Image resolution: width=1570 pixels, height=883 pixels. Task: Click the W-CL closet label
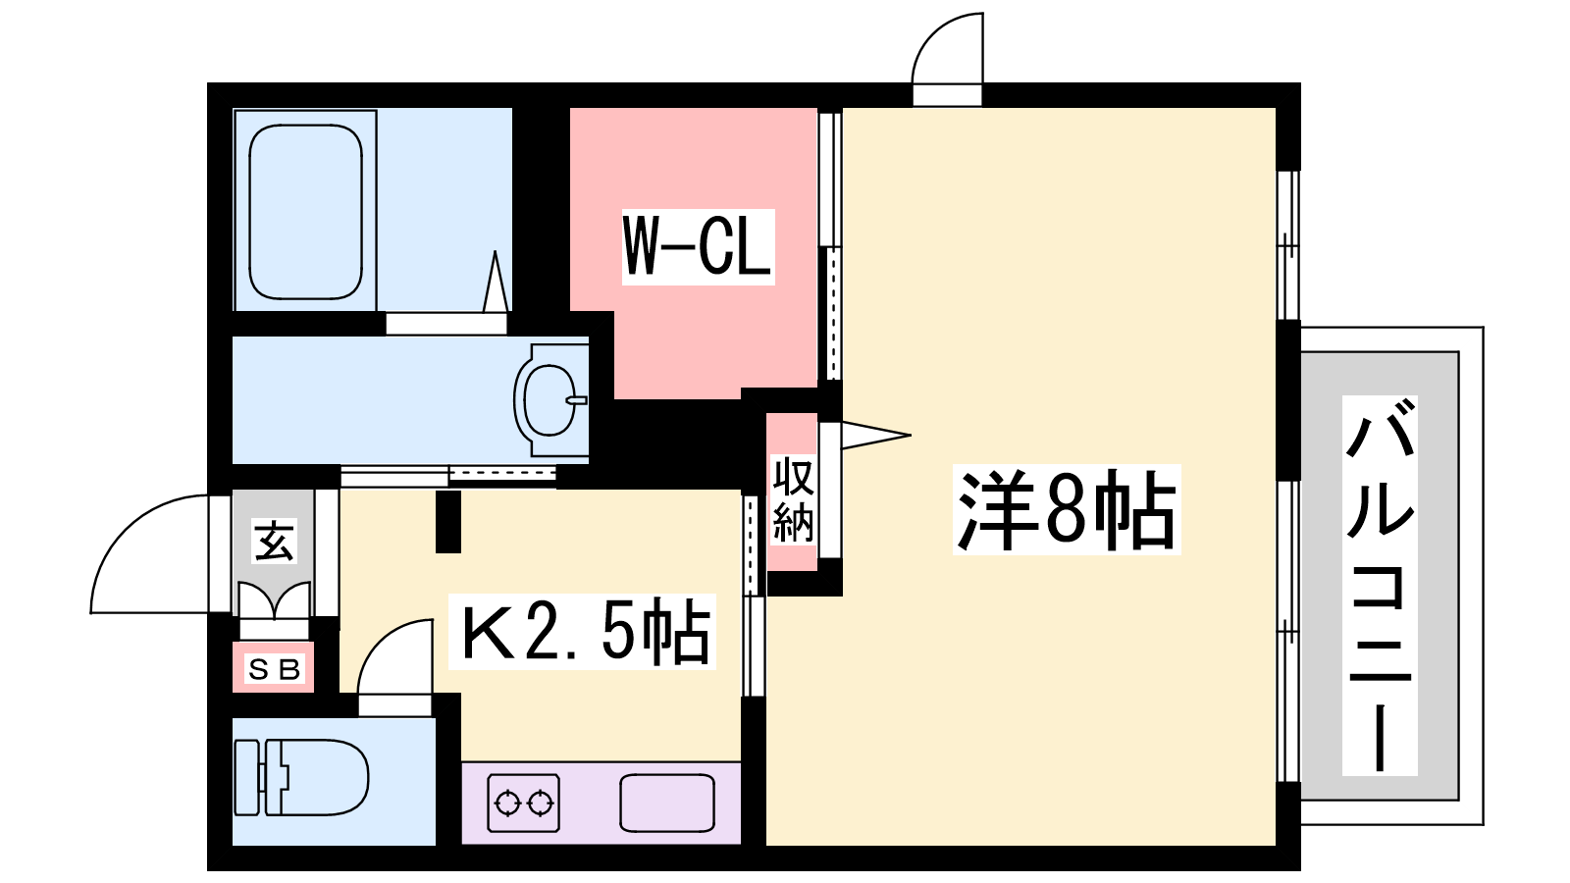click(698, 246)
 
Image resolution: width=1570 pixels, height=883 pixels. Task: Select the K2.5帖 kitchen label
click(583, 632)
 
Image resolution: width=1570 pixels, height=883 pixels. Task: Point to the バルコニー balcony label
click(1380, 586)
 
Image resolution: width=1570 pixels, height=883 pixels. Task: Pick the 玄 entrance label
click(274, 542)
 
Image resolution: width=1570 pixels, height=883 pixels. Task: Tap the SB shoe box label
click(274, 669)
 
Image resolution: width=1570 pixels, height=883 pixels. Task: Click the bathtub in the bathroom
click(305, 211)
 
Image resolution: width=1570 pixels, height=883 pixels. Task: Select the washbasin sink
click(549, 400)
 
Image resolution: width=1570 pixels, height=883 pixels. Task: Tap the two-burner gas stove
click(523, 804)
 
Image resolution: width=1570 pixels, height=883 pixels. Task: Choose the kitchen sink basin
click(667, 803)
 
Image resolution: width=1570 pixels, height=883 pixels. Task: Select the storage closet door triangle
click(873, 436)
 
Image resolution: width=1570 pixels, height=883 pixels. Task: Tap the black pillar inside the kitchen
click(448, 521)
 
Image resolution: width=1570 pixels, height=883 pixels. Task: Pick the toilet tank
click(248, 777)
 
